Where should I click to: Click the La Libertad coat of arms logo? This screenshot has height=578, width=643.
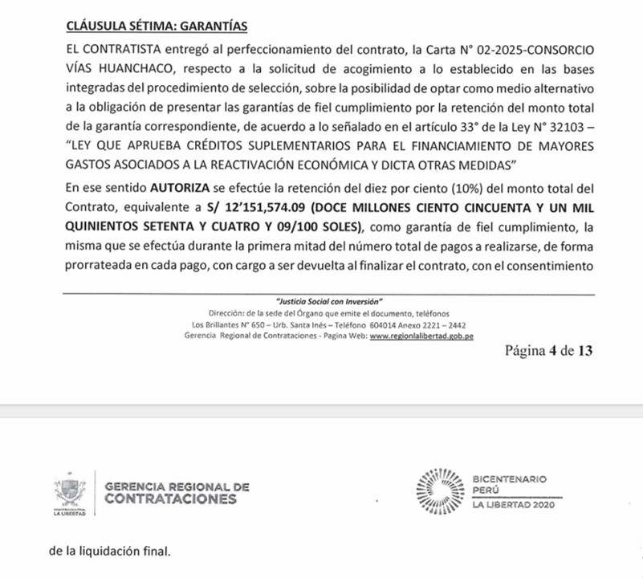[71, 493]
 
